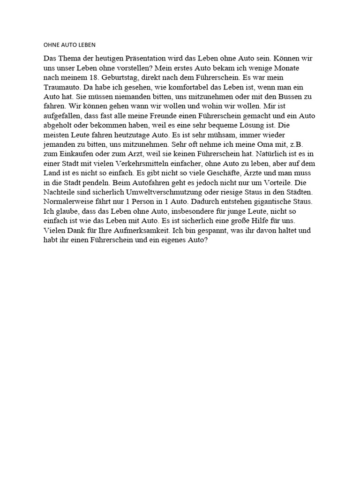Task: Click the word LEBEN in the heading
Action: tap(85, 45)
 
